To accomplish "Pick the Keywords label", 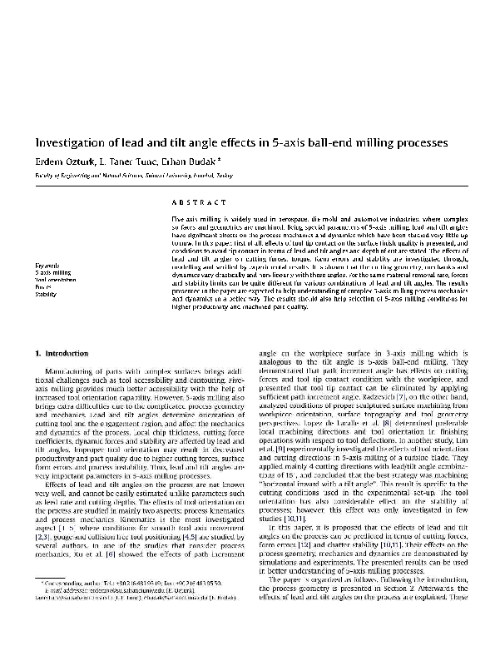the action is coord(47,264).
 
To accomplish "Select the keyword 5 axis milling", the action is coord(53,272).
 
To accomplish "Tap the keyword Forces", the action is coord(42,287).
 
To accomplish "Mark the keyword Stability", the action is coord(46,295).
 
